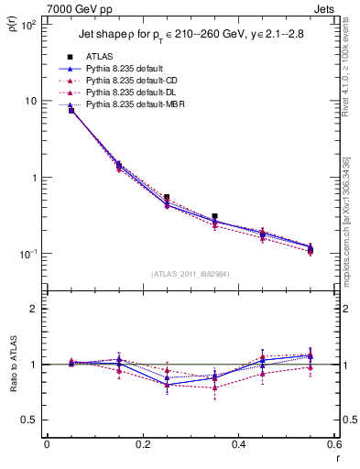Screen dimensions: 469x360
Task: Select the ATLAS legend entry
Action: point(101,57)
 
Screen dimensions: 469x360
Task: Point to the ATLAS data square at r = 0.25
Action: point(167,197)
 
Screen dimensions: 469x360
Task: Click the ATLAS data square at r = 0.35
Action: point(214,217)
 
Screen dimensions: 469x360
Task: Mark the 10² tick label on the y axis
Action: point(29,25)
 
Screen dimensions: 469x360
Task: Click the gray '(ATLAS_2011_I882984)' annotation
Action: point(191,274)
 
